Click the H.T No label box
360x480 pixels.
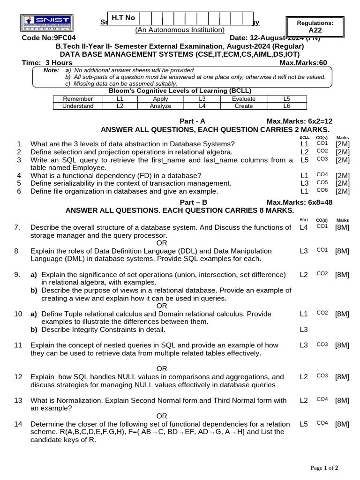click(x=123, y=18)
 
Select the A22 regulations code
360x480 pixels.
click(x=315, y=30)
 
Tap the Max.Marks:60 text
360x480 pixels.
click(x=303, y=63)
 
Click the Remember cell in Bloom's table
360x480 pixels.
click(x=78, y=99)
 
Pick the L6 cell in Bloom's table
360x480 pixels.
click(x=287, y=106)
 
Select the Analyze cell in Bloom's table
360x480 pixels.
click(x=160, y=106)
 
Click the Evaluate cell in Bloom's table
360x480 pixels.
click(x=244, y=99)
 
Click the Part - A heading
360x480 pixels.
click(x=193, y=121)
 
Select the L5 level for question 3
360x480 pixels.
click(x=305, y=160)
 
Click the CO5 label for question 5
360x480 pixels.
click(x=322, y=183)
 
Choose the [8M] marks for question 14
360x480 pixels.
click(x=342, y=424)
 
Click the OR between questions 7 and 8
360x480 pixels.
click(x=162, y=243)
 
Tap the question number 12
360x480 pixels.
click(x=18, y=377)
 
